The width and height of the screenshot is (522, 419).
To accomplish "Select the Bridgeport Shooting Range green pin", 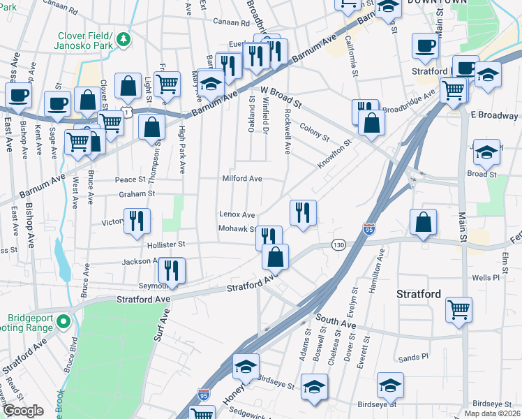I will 63,323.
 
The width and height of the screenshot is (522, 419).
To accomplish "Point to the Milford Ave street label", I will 241,179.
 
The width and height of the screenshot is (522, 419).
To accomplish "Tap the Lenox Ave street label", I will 237,214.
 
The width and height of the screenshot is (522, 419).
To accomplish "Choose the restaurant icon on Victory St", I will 136,221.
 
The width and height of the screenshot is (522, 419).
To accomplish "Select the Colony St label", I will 314,131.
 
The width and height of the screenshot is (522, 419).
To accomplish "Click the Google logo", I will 22,411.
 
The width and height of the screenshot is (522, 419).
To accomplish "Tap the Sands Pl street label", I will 413,358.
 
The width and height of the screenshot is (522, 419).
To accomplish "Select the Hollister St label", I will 165,244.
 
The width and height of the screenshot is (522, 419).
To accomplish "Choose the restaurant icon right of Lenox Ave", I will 302,212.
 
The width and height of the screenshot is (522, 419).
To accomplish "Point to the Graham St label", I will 135,194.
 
